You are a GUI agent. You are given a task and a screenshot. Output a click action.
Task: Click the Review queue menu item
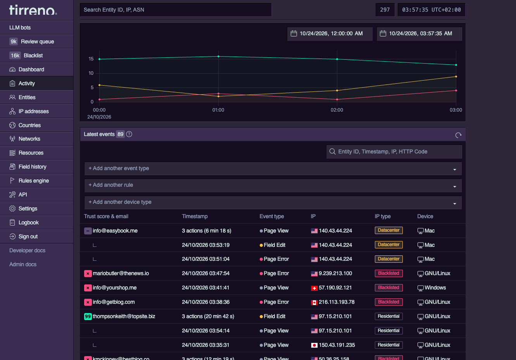pyautogui.click(x=37, y=41)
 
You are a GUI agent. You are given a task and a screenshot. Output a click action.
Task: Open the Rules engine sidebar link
pyautogui.click(x=34, y=181)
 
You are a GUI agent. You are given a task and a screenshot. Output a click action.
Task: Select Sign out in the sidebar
pyautogui.click(x=28, y=236)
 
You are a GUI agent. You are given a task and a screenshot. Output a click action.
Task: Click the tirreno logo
pyautogui.click(x=33, y=10)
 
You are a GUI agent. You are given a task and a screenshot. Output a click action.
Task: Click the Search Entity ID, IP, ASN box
pyautogui.click(x=176, y=10)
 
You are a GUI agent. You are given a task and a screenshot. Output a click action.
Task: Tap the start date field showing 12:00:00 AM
pyautogui.click(x=330, y=34)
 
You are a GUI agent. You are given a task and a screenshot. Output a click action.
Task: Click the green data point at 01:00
pyautogui.click(x=218, y=57)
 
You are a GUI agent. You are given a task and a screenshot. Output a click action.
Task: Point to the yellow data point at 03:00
pyautogui.click(x=456, y=76)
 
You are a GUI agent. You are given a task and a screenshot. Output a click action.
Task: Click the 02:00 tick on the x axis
pyautogui.click(x=337, y=110)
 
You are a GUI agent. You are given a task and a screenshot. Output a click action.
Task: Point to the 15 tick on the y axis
pyautogui.click(x=91, y=59)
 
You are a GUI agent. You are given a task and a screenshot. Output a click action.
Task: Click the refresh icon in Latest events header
pyautogui.click(x=458, y=135)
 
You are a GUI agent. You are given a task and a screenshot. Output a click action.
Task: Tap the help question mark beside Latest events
pyautogui.click(x=129, y=134)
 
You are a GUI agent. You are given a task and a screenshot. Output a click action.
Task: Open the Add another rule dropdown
pyautogui.click(x=273, y=185)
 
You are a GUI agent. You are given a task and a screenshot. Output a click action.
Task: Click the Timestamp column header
pyautogui.click(x=195, y=216)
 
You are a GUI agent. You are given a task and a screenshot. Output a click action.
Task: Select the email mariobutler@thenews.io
pyautogui.click(x=121, y=273)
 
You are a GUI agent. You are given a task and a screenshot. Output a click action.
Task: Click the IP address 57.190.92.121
pyautogui.click(x=335, y=288)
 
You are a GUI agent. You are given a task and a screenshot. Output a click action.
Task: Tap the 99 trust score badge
pyautogui.click(x=88, y=316)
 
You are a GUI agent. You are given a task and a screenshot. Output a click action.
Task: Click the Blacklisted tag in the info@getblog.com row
pyautogui.click(x=388, y=302)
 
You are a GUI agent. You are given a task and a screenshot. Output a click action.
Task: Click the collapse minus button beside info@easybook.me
pyautogui.click(x=88, y=231)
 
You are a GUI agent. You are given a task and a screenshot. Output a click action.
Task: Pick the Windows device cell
pyautogui.click(x=431, y=288)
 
